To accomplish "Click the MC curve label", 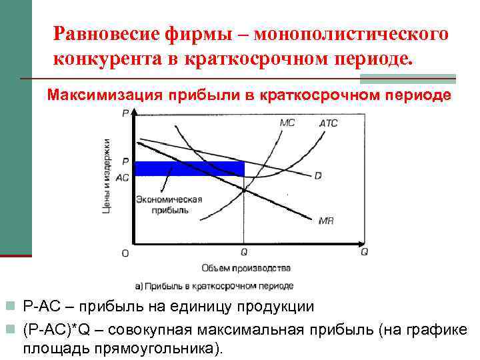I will (287, 123).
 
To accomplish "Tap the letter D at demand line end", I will (318, 175).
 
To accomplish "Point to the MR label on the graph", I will (327, 220).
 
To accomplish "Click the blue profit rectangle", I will (189, 169).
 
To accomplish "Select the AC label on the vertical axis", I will (123, 178).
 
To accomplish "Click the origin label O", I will (125, 253).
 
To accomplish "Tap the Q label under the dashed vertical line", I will (244, 253).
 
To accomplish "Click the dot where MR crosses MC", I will (244, 191).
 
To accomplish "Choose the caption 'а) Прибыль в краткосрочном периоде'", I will (214, 285).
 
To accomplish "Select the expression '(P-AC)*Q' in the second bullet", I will (61, 329).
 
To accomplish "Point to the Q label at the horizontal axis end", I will (364, 252).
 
